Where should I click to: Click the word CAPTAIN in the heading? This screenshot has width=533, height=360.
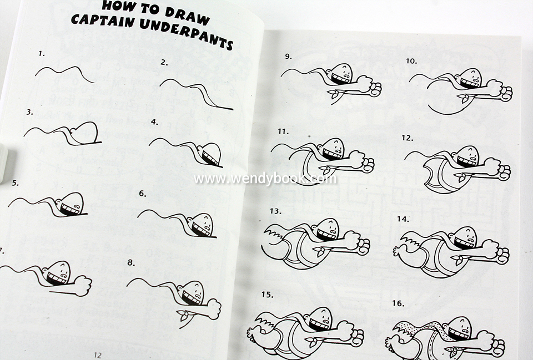coord(103,20)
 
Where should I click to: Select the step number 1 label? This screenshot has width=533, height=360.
coord(42,53)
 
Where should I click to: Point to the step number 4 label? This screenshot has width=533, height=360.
coord(155,121)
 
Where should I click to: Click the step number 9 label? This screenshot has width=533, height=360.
coord(288,57)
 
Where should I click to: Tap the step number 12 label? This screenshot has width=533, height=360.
coord(407,138)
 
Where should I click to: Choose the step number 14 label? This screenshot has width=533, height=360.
coord(403,219)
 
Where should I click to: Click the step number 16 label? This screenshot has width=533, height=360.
coord(398,303)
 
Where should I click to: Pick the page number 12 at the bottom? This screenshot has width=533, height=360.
coord(98,355)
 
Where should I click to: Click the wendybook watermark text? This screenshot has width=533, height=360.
coord(265,179)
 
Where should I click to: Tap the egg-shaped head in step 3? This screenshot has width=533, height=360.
coord(85,133)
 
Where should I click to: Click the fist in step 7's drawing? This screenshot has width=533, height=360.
coord(83,286)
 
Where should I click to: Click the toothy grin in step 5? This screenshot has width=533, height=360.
coord(69,210)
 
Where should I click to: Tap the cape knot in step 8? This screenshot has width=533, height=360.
coord(184,315)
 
